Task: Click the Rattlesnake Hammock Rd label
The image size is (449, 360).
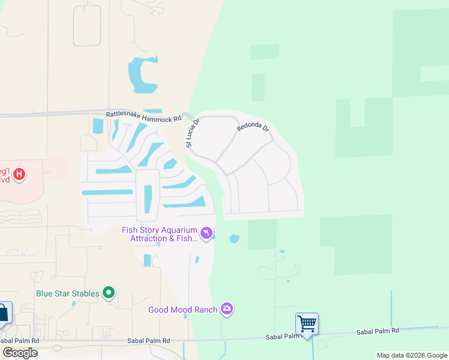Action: coord(143,115)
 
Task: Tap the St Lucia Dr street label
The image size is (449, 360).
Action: coord(192,133)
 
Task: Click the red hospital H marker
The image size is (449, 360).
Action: coord(20,175)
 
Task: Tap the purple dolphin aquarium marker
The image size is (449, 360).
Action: coord(206,233)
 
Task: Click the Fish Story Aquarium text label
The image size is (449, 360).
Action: coord(160,234)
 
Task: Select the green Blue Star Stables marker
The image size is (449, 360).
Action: coord(109,293)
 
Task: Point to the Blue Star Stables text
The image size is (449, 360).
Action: coord(68,293)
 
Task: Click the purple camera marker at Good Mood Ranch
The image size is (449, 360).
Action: coord(227,309)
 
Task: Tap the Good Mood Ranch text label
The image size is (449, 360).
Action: coord(183,310)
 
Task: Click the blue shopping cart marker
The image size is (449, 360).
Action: coord(307,324)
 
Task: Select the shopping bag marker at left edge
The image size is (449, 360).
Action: coord(4,313)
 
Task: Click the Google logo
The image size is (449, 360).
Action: coord(20,353)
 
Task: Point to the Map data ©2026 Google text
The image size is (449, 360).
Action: coord(412,355)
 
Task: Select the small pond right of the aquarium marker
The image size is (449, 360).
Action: coord(234,239)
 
